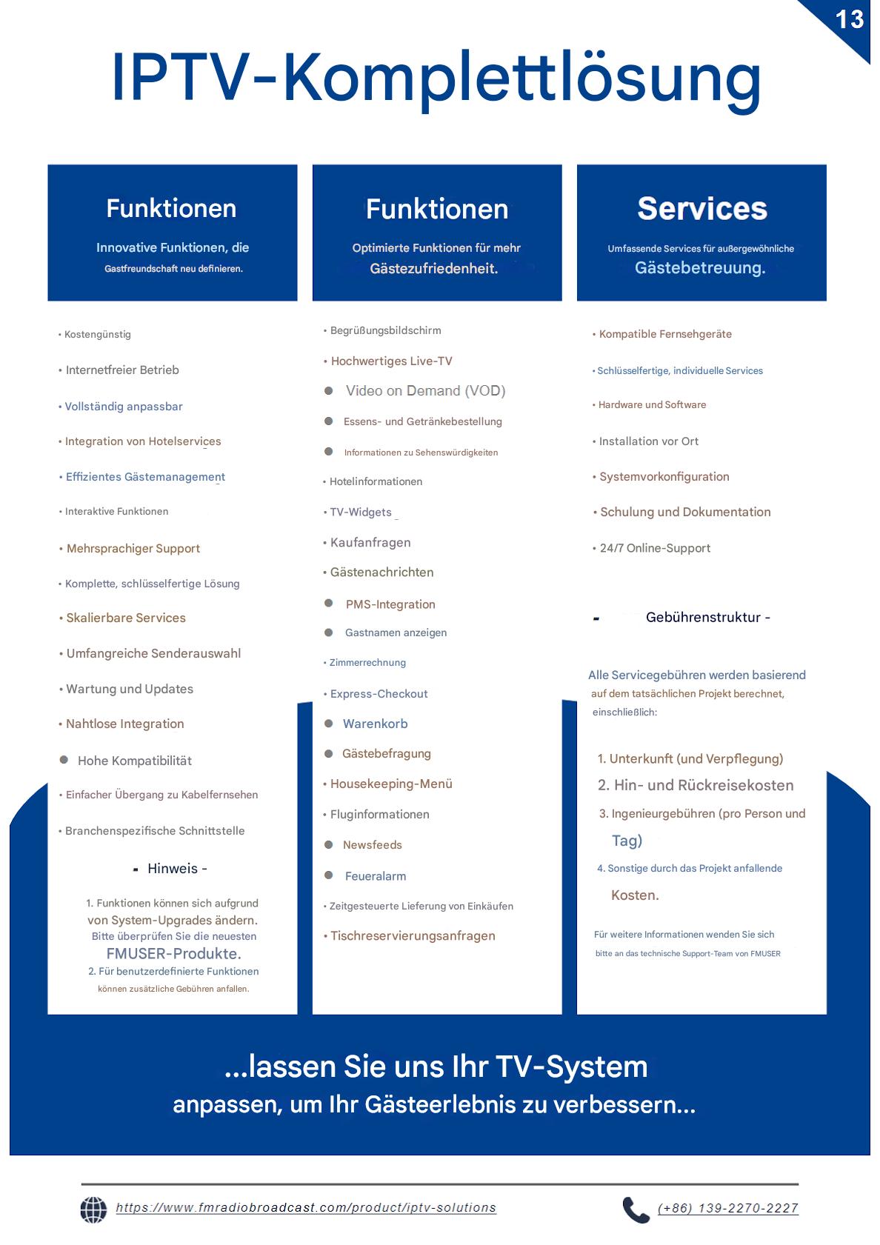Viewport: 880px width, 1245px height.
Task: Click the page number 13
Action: (x=849, y=19)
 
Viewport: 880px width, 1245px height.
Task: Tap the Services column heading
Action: (x=701, y=209)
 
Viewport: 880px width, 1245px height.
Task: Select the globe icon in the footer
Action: (x=93, y=1209)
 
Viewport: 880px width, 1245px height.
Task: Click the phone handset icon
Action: (x=636, y=1209)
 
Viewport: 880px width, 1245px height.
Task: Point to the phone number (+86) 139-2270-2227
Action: (x=727, y=1208)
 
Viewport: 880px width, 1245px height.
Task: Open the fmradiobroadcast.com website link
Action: (x=306, y=1208)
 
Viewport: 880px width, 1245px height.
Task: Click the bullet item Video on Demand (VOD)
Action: (x=425, y=391)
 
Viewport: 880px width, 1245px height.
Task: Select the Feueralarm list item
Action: (x=375, y=876)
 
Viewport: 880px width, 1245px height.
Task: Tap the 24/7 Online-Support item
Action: (x=655, y=548)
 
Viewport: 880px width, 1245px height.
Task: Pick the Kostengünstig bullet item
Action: (x=97, y=335)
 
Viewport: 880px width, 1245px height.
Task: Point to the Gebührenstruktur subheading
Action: (x=703, y=618)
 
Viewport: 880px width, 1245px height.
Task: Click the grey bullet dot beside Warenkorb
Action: (x=329, y=724)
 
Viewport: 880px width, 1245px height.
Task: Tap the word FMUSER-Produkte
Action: (x=173, y=954)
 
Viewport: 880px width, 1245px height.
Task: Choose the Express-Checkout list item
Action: (x=379, y=694)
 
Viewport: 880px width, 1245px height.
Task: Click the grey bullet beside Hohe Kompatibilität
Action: (x=64, y=760)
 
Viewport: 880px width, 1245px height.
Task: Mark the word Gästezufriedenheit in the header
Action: (x=434, y=269)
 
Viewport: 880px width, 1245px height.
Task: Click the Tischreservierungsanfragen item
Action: (x=413, y=936)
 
